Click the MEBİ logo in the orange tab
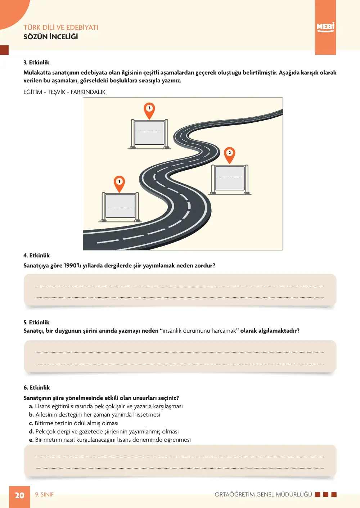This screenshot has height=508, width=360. coord(325,27)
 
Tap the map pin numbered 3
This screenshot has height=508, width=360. coord(149,111)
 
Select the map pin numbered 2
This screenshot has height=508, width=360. coord(229,156)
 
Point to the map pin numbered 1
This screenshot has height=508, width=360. coord(119,184)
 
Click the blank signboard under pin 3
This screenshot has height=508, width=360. coord(149,134)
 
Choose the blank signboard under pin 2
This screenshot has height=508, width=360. coord(230,179)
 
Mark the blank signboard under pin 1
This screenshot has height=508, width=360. coord(120,207)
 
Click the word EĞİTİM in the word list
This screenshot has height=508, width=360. coord(33,92)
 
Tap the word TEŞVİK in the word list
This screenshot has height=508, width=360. coord(57,92)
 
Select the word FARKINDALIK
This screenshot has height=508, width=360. coord(88,92)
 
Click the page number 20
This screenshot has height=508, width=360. coord(20,495)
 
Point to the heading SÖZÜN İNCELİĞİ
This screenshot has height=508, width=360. coord(51,37)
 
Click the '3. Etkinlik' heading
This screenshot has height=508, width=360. coord(36,62)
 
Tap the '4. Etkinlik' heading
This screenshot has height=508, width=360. coord(36,255)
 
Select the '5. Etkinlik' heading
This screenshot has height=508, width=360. coord(36,322)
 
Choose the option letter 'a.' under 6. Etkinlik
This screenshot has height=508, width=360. coord(31,406)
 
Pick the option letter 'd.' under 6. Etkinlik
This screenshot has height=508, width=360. coord(32,431)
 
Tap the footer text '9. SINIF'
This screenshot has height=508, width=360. coord(44,494)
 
